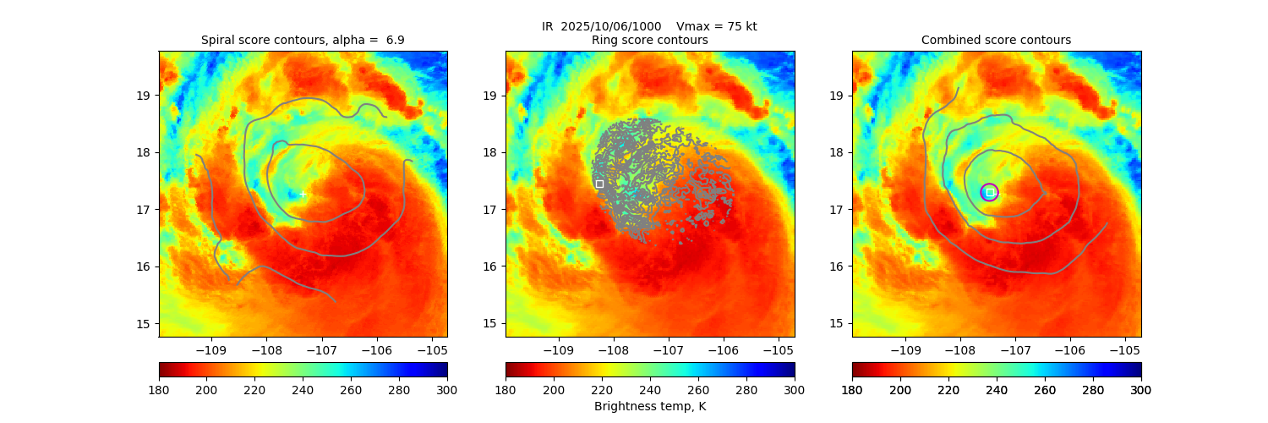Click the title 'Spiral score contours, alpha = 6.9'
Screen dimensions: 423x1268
click(x=303, y=40)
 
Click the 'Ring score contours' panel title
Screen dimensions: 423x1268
click(x=649, y=40)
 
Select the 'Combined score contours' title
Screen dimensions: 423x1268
click(x=996, y=40)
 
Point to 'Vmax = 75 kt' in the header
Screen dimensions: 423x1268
click(x=717, y=26)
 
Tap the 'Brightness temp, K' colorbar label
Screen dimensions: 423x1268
click(x=649, y=406)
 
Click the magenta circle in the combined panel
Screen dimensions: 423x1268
click(x=989, y=192)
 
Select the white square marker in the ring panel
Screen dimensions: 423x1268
click(x=599, y=184)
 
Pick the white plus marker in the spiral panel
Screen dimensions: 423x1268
click(x=303, y=194)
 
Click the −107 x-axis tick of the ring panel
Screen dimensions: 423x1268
click(x=668, y=349)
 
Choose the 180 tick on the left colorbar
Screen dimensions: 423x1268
click(x=159, y=389)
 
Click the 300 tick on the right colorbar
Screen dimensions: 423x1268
click(x=1141, y=389)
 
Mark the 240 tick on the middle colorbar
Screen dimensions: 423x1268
click(x=650, y=389)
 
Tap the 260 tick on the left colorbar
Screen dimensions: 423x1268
click(x=351, y=389)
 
